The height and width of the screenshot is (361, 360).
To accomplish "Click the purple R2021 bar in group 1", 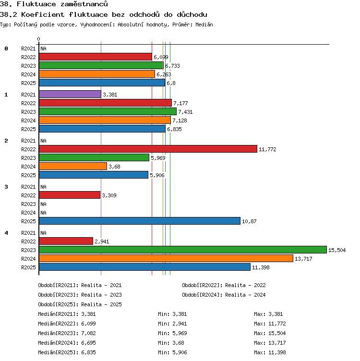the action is [x=70, y=94].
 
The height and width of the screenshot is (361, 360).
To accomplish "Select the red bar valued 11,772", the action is [x=148, y=149].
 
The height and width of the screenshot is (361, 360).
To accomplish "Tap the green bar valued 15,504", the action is [x=183, y=250].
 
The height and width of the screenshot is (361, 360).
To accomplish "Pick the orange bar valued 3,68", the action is [x=73, y=166].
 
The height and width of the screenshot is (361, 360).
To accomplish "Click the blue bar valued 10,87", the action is [x=140, y=221].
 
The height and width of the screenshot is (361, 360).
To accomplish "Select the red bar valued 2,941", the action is [x=66, y=241].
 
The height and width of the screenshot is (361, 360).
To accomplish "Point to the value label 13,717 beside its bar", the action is [x=303, y=259].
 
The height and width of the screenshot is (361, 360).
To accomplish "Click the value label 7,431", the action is [x=185, y=112].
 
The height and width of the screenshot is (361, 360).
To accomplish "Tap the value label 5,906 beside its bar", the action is [x=157, y=175].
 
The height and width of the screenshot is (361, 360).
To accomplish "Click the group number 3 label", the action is [x=6, y=187].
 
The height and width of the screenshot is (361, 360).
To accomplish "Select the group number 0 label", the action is [x=6, y=48].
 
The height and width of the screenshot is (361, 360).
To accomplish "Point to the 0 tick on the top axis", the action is [x=39, y=39].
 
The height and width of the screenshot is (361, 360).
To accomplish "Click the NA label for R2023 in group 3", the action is [x=43, y=204].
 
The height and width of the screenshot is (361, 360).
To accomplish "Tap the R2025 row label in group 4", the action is [x=28, y=267].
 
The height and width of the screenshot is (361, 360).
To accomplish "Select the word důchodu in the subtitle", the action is [x=192, y=14].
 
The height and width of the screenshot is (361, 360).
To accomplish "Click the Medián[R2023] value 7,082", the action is [x=88, y=333].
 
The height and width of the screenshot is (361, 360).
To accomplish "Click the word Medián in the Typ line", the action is [x=204, y=24].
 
